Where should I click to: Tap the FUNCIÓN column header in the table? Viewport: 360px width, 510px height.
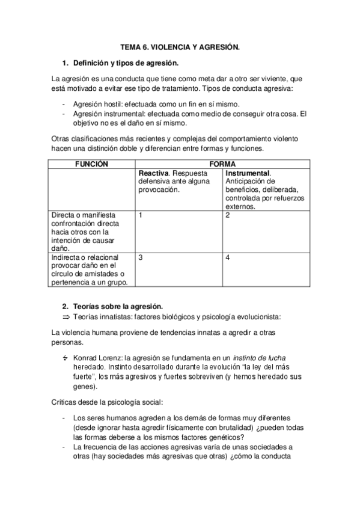tap(91, 164)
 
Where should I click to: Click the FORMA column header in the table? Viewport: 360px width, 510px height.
tap(222, 164)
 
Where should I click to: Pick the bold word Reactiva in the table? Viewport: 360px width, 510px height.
tap(153, 173)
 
